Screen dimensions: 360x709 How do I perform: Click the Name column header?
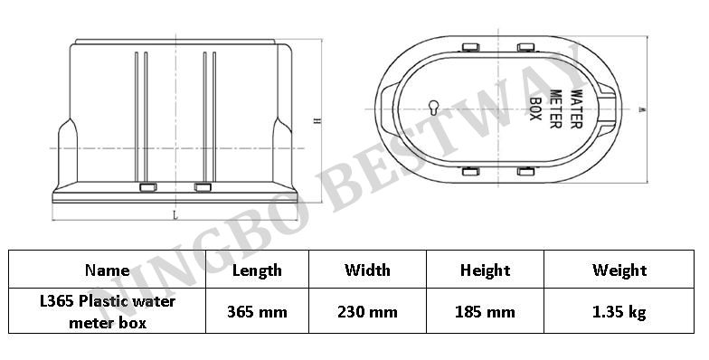point(107,270)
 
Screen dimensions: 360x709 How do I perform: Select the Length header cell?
point(257,270)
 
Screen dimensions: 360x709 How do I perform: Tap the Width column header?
point(368,270)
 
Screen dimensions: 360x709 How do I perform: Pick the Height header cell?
point(485,270)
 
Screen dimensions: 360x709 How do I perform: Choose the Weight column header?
point(619,270)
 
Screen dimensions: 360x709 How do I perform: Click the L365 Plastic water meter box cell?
point(107,312)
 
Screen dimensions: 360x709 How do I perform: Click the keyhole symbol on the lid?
point(434,108)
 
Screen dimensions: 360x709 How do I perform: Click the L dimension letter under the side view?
point(174,215)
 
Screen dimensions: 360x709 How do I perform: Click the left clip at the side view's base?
point(147,187)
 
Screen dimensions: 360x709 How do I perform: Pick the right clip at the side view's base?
point(203,187)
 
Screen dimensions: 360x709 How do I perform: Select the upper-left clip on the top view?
point(471,46)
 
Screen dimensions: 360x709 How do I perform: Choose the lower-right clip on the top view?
point(525,171)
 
